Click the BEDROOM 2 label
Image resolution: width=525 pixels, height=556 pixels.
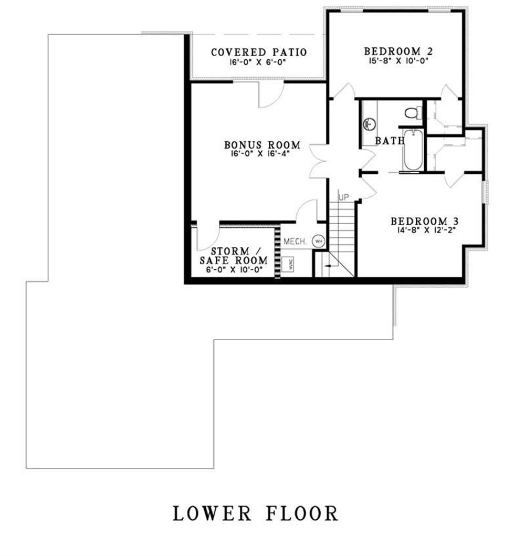click(x=398, y=51)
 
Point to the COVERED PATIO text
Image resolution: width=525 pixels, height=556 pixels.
click(x=259, y=53)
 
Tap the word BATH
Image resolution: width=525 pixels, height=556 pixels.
click(x=390, y=141)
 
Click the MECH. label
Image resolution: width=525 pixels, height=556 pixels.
click(x=295, y=242)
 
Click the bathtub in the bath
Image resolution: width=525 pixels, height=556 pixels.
click(x=413, y=150)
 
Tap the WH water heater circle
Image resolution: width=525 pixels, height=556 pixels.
click(x=318, y=241)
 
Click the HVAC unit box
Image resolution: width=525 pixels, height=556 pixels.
click(x=289, y=265)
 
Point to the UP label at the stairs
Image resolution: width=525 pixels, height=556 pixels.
click(x=344, y=197)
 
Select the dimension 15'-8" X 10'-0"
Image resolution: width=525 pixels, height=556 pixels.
click(x=398, y=61)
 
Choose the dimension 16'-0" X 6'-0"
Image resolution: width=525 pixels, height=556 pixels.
click(x=259, y=62)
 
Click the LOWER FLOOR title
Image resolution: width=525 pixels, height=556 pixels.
click(x=256, y=513)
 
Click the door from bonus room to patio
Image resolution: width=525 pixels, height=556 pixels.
click(x=272, y=95)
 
